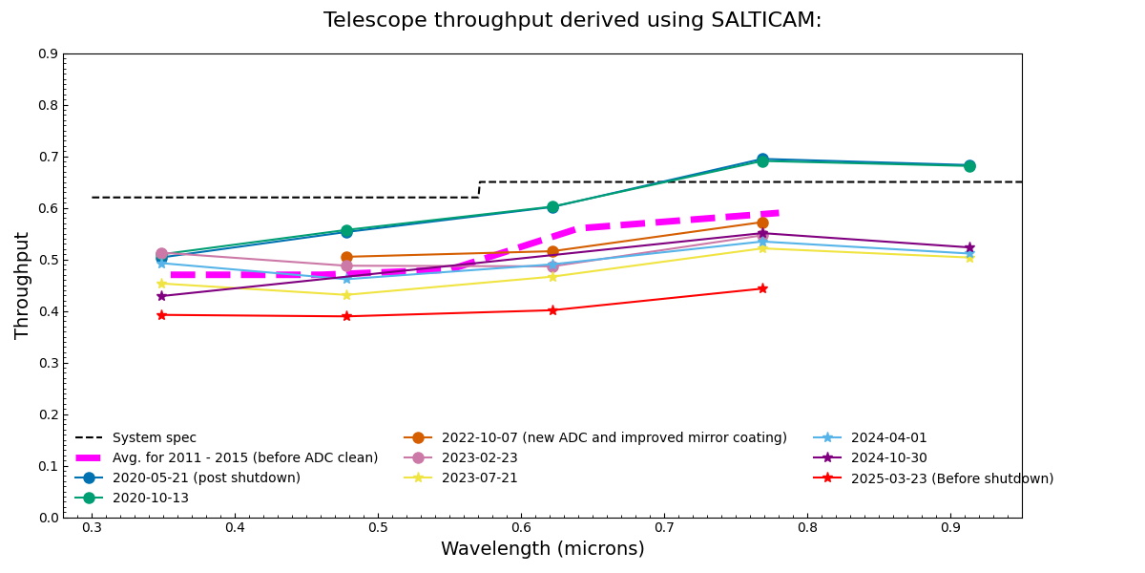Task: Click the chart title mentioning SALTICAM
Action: [x=572, y=20]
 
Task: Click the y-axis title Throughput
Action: [x=23, y=285]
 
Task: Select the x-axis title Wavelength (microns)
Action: [x=542, y=549]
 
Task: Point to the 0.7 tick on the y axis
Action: [x=48, y=157]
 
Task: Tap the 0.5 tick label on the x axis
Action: [x=378, y=527]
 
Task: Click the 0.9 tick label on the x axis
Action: [x=950, y=527]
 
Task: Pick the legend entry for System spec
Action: [x=154, y=438]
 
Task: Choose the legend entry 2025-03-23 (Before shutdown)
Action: [x=952, y=478]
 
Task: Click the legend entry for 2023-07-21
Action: [x=479, y=478]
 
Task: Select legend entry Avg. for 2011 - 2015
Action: [x=245, y=458]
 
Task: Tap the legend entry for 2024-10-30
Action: [x=888, y=458]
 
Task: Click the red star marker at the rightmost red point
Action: [x=762, y=288]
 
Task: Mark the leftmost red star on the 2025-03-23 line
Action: [x=161, y=315]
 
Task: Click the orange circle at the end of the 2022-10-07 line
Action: [x=762, y=223]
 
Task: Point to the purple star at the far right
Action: [x=969, y=247]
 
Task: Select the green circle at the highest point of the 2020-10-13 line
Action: [x=762, y=160]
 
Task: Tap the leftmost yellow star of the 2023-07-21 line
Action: [x=161, y=284]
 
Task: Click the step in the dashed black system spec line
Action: [x=479, y=189]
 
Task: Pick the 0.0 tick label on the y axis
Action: [x=48, y=518]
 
